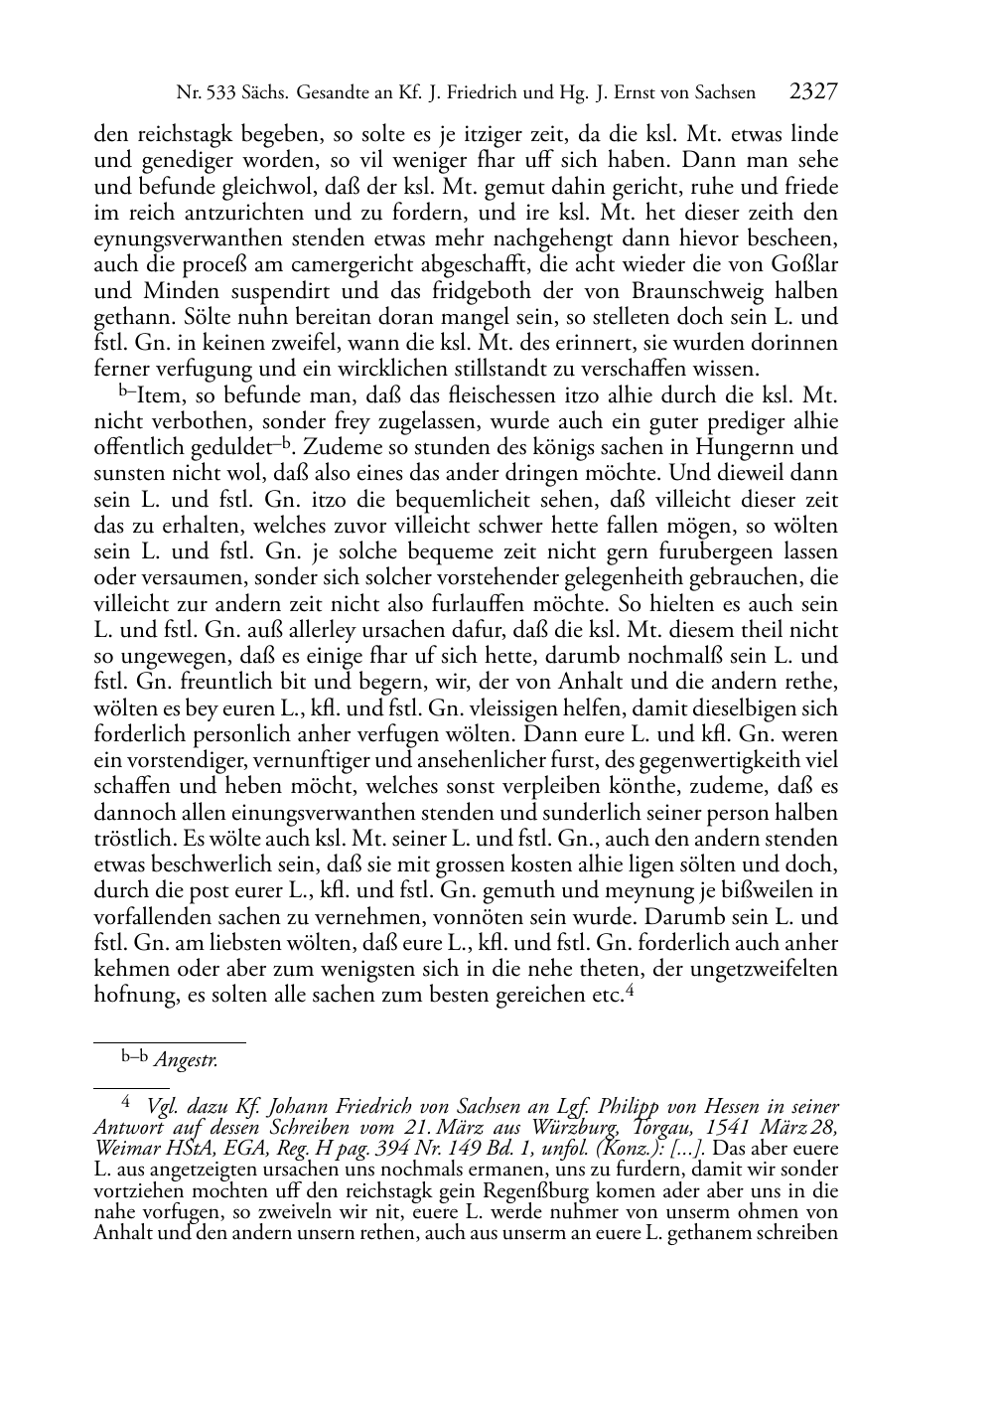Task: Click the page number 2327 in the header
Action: [x=813, y=92]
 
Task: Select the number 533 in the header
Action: [x=215, y=93]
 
